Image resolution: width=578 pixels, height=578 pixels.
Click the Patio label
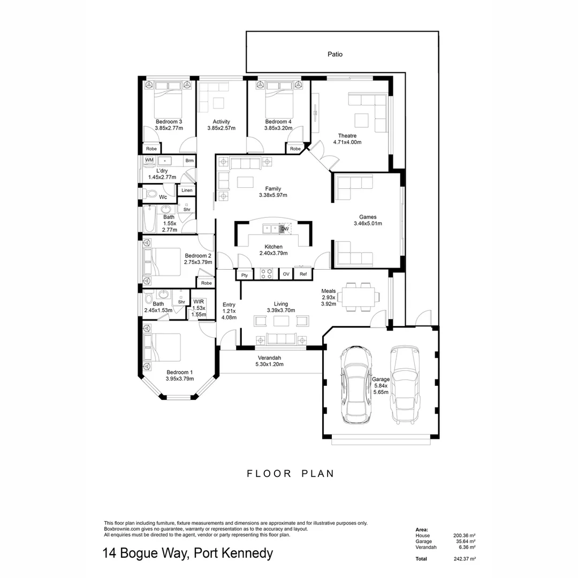[x=335, y=54]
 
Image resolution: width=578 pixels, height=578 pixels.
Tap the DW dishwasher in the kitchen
[x=285, y=229]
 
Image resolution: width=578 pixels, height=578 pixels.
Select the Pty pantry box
[x=245, y=275]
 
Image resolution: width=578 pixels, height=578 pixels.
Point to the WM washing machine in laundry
[x=149, y=161]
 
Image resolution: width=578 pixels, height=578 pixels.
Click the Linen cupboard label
[x=187, y=191]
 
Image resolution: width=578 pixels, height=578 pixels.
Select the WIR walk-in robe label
[x=199, y=302]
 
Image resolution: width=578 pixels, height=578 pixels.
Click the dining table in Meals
[x=359, y=296]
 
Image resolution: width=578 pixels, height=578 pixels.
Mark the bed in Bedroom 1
[x=164, y=346]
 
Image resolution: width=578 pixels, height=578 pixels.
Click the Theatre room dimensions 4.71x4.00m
[x=347, y=142]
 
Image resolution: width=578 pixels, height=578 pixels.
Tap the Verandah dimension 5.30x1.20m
[x=269, y=364]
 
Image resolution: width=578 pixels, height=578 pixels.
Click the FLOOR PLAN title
[x=290, y=474]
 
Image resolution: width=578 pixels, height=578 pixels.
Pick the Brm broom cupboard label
[x=189, y=161]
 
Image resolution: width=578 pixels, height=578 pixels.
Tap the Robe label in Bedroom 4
[x=295, y=149]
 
